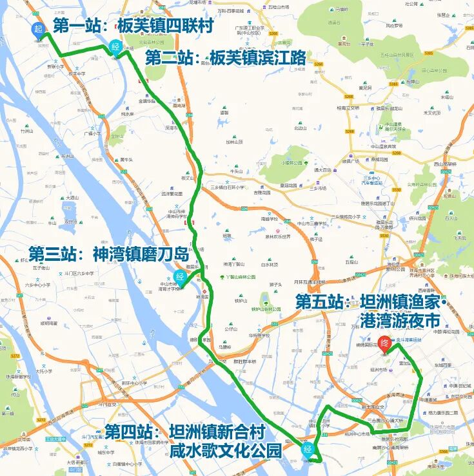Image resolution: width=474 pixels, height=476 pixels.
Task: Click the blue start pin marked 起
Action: pos(38,29)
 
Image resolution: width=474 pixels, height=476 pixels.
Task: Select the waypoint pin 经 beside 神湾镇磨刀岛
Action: pos(181,279)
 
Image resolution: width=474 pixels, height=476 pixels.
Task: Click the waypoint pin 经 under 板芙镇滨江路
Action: pos(115,47)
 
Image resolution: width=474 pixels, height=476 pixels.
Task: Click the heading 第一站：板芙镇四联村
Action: pos(133,26)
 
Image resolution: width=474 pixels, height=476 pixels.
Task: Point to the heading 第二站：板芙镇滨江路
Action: pos(226,58)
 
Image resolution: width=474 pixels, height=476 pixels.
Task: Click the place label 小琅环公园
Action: pos(291,163)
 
